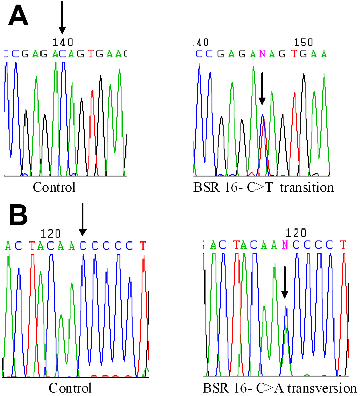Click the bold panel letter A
tap(18, 16)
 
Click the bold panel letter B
tap(18, 215)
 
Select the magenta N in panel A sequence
tap(262, 54)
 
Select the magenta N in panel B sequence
tap(285, 245)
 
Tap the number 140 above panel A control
tap(62, 43)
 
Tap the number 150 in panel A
tap(303, 43)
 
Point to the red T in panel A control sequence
tap(91, 54)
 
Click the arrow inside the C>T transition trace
tap(262, 89)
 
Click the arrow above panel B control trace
tap(83, 220)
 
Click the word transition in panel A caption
tap(307, 188)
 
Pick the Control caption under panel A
tap(54, 188)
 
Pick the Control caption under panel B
tap(70, 388)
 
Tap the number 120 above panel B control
tap(50, 234)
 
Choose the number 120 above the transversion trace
tap(296, 233)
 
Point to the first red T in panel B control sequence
tap(32, 246)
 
